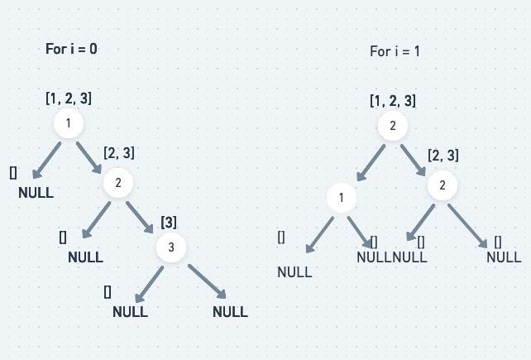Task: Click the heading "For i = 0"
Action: coord(71,49)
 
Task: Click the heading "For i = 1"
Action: coord(395,51)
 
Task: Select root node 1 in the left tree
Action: coord(69,124)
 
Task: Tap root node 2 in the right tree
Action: coord(393,126)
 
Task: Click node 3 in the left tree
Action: coord(171,247)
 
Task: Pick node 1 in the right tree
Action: coord(341,198)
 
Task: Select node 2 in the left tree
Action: coord(118,183)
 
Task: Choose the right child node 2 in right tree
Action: coord(442,185)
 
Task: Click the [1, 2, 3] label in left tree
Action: coord(69,98)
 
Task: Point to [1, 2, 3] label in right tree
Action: coord(393,101)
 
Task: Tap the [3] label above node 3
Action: coord(169,222)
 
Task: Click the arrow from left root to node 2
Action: coord(89,157)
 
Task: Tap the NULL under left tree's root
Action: coord(36,193)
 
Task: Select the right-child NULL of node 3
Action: coord(230,312)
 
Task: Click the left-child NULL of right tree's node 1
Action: coord(294,272)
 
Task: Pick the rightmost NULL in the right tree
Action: coord(504,257)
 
